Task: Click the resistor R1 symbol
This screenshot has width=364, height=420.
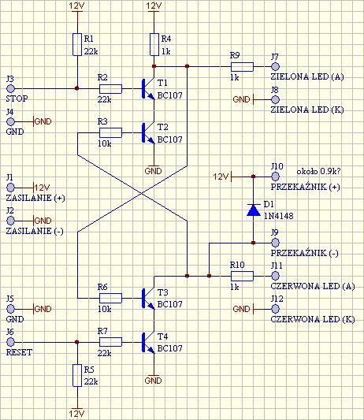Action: tap(77, 44)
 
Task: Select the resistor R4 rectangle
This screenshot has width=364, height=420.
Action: tap(154, 44)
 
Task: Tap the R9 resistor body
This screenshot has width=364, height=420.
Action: tap(242, 67)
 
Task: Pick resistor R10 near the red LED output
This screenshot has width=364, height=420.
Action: tap(242, 276)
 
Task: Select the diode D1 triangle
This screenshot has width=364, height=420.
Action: tap(254, 210)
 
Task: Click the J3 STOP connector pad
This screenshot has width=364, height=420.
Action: tap(10, 88)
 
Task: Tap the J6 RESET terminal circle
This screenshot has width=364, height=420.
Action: tap(10, 342)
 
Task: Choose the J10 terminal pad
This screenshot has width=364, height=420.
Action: tap(275, 177)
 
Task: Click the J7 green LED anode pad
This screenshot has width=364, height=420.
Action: tap(275, 66)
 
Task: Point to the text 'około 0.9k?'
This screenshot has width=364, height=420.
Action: tap(318, 171)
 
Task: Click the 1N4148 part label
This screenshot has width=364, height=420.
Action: tap(279, 216)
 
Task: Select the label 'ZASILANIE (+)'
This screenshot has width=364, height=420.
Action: tap(35, 199)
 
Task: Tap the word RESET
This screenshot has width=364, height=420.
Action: tap(19, 352)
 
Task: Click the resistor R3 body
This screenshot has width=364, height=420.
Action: tap(110, 132)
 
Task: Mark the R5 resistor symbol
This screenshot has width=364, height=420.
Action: tap(77, 375)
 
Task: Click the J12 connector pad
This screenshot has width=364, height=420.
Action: tap(275, 309)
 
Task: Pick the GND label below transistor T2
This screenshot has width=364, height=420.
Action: tap(153, 171)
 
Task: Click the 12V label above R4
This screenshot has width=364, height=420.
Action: tap(154, 6)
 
